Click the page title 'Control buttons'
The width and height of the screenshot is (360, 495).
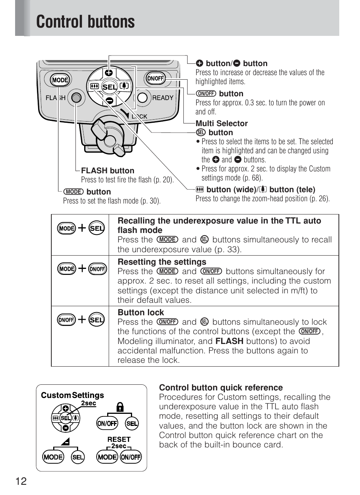coord(85,22)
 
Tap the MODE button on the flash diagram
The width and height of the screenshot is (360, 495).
coord(60,80)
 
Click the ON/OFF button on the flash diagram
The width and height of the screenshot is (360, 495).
coord(155,79)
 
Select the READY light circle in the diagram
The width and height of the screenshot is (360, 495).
coord(142,98)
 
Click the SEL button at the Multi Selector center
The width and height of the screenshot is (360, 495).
coord(109,87)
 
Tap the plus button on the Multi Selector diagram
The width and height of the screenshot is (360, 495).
coord(109,72)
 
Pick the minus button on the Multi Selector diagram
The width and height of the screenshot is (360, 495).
coord(109,100)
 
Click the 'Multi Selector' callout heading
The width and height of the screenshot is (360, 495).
coord(222,123)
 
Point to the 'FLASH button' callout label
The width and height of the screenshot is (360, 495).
coord(108,171)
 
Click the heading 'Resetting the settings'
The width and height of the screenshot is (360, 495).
coord(162,262)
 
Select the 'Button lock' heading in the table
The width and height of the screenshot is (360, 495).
coord(141,313)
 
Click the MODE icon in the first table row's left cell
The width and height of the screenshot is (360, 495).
coord(67,228)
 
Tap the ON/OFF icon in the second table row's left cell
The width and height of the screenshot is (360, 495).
coord(98,269)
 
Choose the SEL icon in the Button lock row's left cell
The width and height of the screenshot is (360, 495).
coord(97,320)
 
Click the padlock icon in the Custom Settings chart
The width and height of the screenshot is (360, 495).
coord(120,407)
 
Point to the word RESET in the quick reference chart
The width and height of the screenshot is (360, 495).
coord(119,439)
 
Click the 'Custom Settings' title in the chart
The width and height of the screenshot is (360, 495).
coord(72,395)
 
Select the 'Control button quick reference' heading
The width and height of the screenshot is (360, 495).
coord(221,388)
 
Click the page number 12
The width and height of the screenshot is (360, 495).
coord(21,481)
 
